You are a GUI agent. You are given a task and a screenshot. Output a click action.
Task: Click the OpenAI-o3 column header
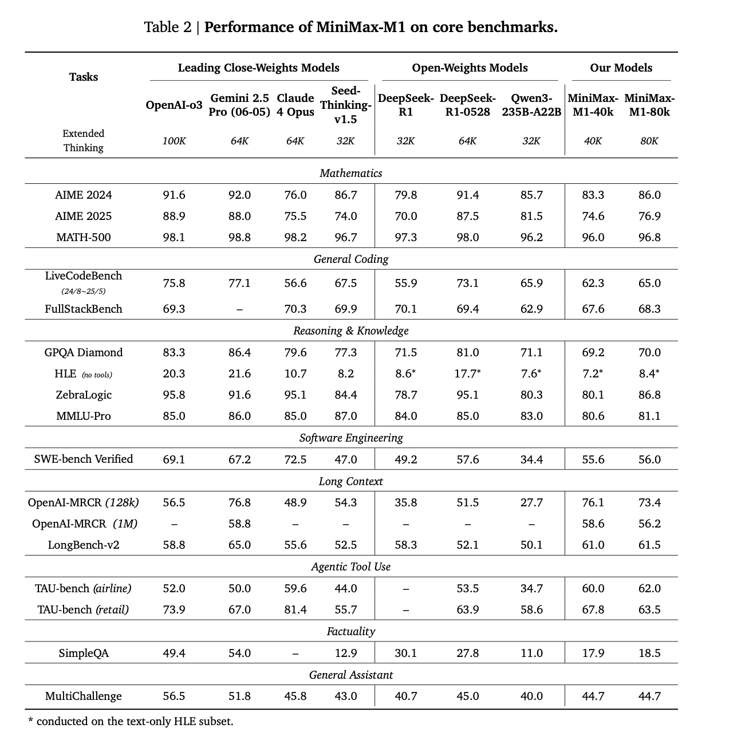174,105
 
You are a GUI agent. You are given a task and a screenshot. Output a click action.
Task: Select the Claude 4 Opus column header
295,105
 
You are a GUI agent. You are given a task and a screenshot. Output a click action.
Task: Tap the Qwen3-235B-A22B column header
531,105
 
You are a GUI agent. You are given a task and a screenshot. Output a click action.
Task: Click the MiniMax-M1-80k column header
649,105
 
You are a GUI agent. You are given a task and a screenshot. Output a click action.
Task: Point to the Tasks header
84,77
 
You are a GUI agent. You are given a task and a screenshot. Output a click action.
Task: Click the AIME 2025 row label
84,216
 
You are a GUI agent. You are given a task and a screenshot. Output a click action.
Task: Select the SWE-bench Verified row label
84,459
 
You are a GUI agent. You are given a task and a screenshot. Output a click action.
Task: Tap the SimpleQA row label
84,653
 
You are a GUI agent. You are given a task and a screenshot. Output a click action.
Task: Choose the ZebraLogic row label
84,395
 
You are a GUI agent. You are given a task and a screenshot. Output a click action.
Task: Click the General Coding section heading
350,259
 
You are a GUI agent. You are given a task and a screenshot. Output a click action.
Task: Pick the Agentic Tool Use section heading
350,566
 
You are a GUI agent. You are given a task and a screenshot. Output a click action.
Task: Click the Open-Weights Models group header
470,68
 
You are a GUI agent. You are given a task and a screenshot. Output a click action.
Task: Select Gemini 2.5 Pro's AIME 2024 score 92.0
239,195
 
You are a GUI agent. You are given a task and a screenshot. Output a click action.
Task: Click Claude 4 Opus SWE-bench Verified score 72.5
295,459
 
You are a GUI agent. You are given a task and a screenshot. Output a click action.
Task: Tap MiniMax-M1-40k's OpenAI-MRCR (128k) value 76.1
593,502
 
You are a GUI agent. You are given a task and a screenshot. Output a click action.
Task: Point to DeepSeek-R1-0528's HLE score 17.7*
468,373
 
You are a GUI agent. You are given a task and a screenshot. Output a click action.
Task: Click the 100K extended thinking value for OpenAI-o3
174,141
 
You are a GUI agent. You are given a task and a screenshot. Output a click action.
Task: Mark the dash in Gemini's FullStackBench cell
239,309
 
